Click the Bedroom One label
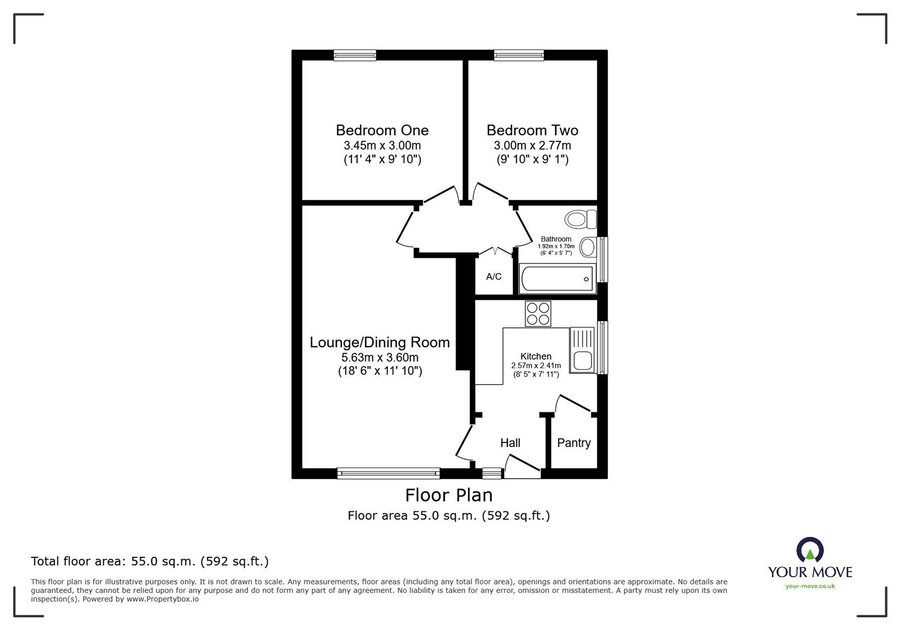(382, 130)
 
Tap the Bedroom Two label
(532, 130)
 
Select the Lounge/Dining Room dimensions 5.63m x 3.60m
(380, 357)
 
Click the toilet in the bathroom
(582, 218)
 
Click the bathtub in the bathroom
(557, 279)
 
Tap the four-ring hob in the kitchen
(538, 314)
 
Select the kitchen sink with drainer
(582, 350)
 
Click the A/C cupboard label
(494, 276)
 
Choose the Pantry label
(574, 443)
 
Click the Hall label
(510, 443)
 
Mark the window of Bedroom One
(354, 55)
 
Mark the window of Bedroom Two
(519, 55)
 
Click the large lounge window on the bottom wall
(388, 473)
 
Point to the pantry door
(574, 405)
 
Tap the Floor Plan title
(449, 495)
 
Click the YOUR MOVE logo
(810, 563)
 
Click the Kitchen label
(535, 356)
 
